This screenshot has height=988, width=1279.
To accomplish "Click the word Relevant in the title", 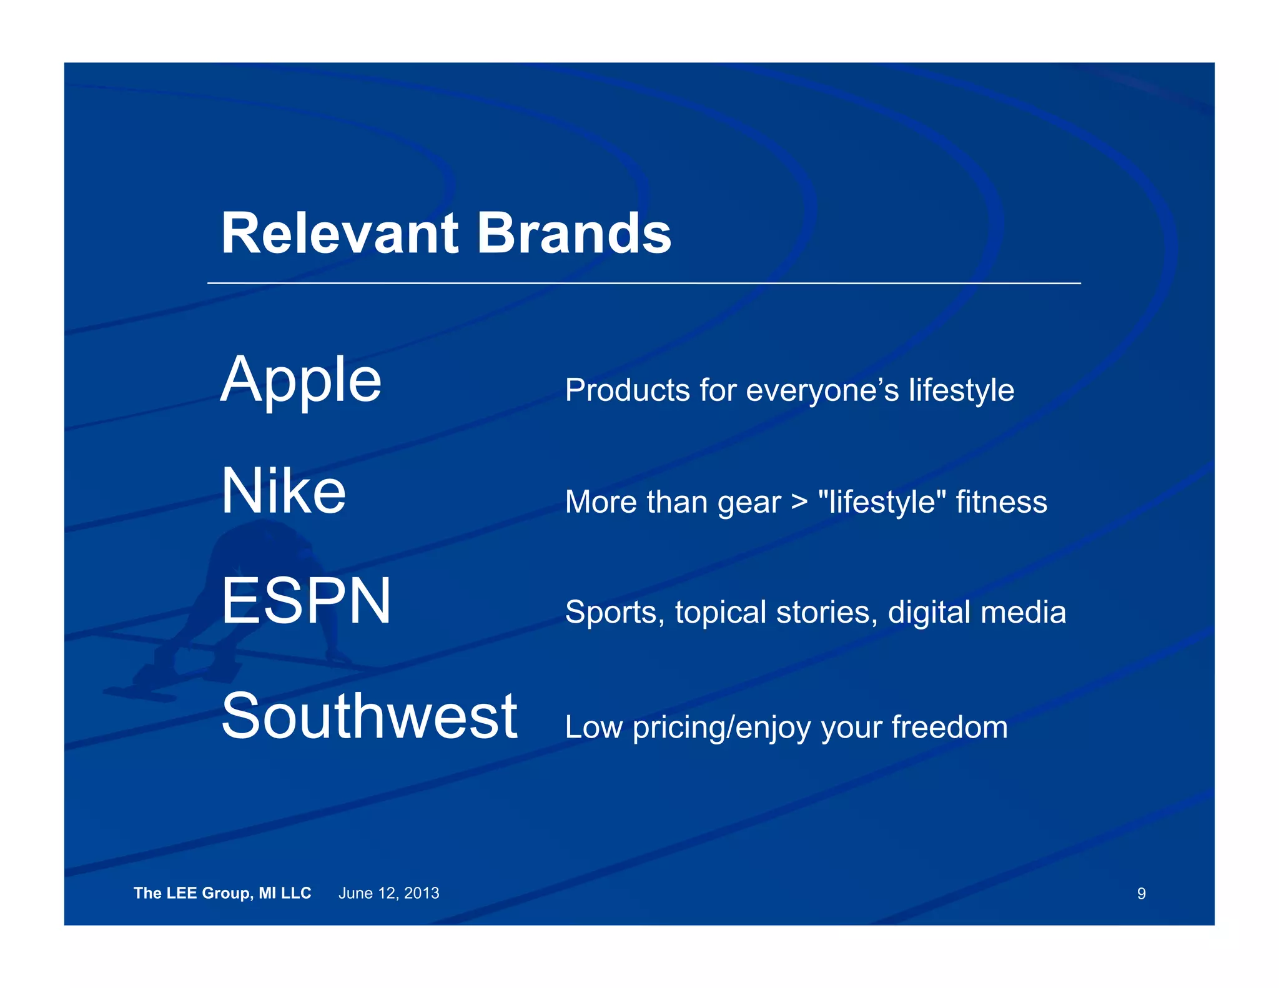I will (x=340, y=234).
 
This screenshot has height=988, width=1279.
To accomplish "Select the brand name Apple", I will (x=301, y=380).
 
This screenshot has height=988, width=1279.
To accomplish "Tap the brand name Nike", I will (x=284, y=492).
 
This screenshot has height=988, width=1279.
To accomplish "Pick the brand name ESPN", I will (x=306, y=601).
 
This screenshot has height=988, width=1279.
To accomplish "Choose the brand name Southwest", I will (x=369, y=716).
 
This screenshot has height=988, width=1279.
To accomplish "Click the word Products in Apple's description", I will (x=627, y=390).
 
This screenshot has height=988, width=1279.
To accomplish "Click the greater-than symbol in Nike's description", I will (x=799, y=501).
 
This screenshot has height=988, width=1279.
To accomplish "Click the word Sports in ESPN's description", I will (x=615, y=612).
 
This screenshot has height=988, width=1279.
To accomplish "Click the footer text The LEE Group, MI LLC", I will (x=222, y=893).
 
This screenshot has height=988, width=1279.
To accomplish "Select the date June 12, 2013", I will (x=388, y=893).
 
